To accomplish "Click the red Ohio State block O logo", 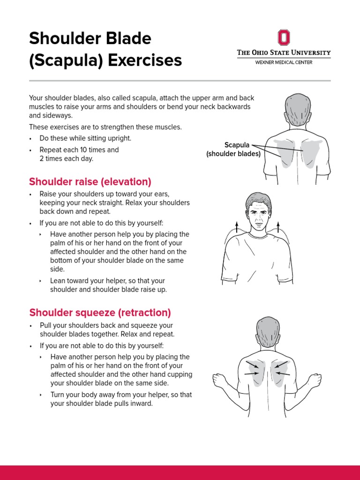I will click(x=284, y=37).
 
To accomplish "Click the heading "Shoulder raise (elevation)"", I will click(x=90, y=181).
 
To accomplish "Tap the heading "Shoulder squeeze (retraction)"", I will click(x=100, y=312).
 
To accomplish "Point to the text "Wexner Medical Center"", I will click(x=284, y=62).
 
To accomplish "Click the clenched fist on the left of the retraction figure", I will click(x=220, y=380).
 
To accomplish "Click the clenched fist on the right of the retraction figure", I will click(x=315, y=380).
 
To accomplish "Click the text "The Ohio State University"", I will click(x=284, y=52).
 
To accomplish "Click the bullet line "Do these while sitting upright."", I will click(x=85, y=138).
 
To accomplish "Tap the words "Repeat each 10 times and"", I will click(x=79, y=150).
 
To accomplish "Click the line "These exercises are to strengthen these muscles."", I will click(x=105, y=127).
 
